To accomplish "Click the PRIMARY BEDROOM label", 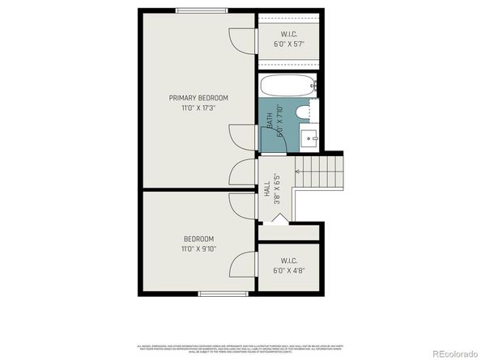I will (x=192, y=98).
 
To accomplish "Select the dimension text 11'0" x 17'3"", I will (x=192, y=108).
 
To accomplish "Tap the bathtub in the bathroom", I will (x=287, y=85).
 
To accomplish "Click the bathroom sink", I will (x=309, y=138).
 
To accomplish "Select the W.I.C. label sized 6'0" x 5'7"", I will (x=288, y=34).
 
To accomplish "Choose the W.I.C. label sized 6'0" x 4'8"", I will (x=288, y=260).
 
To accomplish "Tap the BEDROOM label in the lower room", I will (x=198, y=239).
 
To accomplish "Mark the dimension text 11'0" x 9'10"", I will (x=198, y=248).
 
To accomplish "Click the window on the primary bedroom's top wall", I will (x=201, y=10).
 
